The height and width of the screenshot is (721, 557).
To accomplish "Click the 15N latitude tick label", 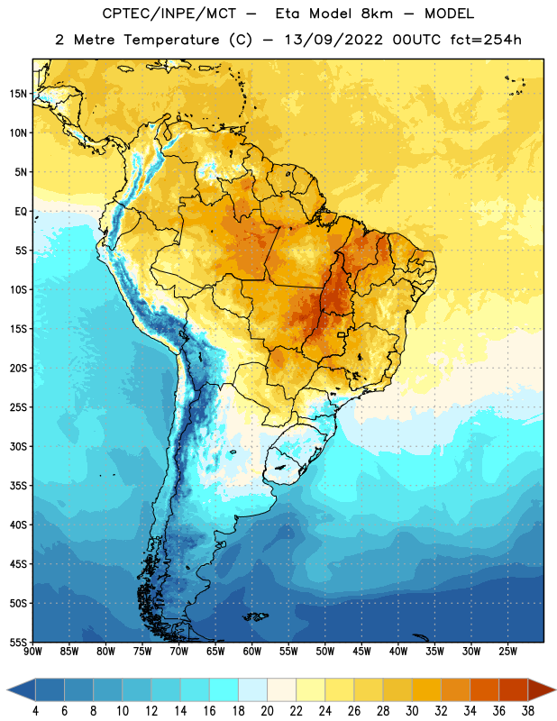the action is [x=18, y=94].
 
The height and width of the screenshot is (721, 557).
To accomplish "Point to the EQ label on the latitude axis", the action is [x=21, y=212].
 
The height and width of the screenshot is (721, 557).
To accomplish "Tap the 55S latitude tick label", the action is [x=18, y=642].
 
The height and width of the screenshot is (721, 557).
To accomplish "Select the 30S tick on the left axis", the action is [x=18, y=446].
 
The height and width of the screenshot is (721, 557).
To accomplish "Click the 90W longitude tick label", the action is [x=32, y=652].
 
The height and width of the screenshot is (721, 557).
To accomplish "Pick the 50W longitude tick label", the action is [x=325, y=652].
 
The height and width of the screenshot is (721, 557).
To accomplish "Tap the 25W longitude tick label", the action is [x=507, y=652].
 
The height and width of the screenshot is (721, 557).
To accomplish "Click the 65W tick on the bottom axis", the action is [x=215, y=652].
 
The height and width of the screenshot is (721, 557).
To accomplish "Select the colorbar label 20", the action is [x=267, y=711].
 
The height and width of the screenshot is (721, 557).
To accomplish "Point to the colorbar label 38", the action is [x=527, y=711].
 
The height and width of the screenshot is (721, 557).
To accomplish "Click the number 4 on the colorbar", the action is [x=35, y=711].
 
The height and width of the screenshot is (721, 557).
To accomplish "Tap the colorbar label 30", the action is [x=412, y=711].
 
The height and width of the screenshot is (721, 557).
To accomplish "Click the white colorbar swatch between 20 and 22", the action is [x=281, y=689].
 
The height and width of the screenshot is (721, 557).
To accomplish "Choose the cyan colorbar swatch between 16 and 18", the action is [x=224, y=689].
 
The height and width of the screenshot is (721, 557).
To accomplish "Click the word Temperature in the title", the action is [x=171, y=40].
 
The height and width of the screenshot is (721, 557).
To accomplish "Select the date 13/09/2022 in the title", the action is [x=333, y=40].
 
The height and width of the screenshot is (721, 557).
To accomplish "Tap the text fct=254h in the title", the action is [x=486, y=40].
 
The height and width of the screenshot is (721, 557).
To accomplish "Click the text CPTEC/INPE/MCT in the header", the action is [x=169, y=14].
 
